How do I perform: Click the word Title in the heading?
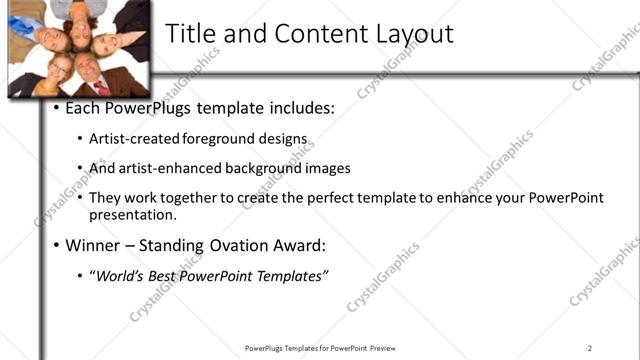pos(190,33)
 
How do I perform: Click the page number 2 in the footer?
pos(590,348)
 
